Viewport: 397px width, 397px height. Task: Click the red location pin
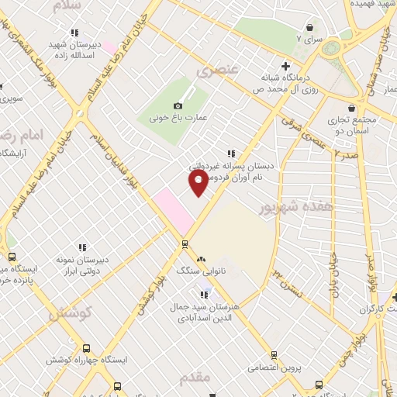(198, 182)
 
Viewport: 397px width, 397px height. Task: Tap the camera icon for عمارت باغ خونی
(178, 105)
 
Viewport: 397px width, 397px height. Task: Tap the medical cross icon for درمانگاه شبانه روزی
(286, 66)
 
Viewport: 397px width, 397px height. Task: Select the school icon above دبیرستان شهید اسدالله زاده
(74, 33)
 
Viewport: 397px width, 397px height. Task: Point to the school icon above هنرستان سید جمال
(205, 295)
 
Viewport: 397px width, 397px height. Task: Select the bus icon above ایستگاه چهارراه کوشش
(85, 349)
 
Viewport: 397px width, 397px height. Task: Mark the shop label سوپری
(8, 98)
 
